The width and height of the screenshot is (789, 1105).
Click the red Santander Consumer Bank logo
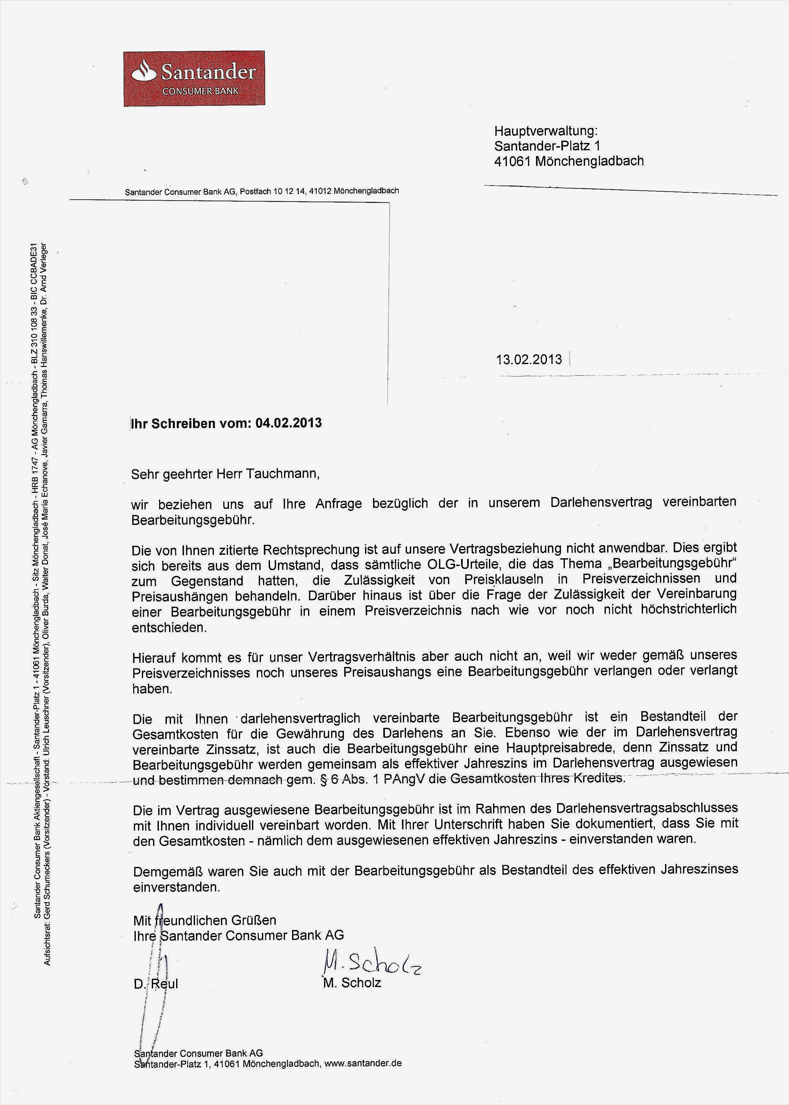pyautogui.click(x=194, y=78)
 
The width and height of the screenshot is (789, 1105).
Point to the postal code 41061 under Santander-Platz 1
pyautogui.click(x=513, y=161)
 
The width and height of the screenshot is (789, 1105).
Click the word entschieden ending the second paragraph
pyautogui.click(x=169, y=627)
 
